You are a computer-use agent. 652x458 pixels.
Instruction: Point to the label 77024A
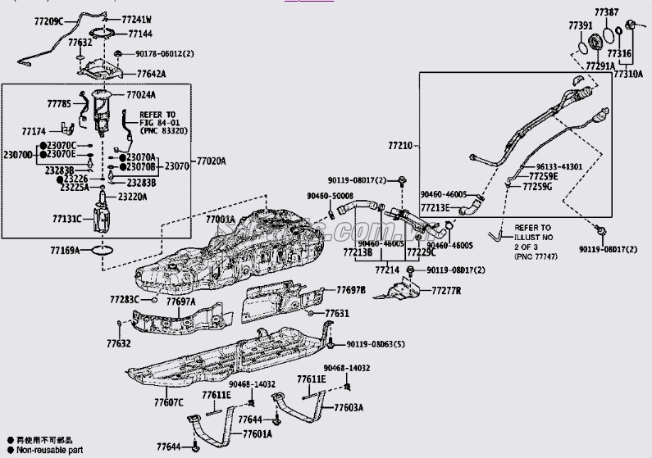[x=141, y=94]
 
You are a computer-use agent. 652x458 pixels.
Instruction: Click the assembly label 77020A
[x=211, y=161]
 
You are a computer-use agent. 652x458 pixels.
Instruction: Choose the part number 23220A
[x=135, y=197]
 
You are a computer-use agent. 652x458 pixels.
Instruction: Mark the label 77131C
[x=68, y=220]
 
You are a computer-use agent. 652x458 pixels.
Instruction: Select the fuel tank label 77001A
[x=221, y=220]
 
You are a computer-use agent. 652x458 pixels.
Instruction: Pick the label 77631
[x=337, y=314]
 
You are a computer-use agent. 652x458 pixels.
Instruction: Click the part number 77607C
[x=168, y=402]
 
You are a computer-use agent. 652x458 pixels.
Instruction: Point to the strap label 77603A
[x=349, y=407]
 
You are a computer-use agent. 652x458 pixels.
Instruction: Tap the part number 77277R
[x=446, y=291]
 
